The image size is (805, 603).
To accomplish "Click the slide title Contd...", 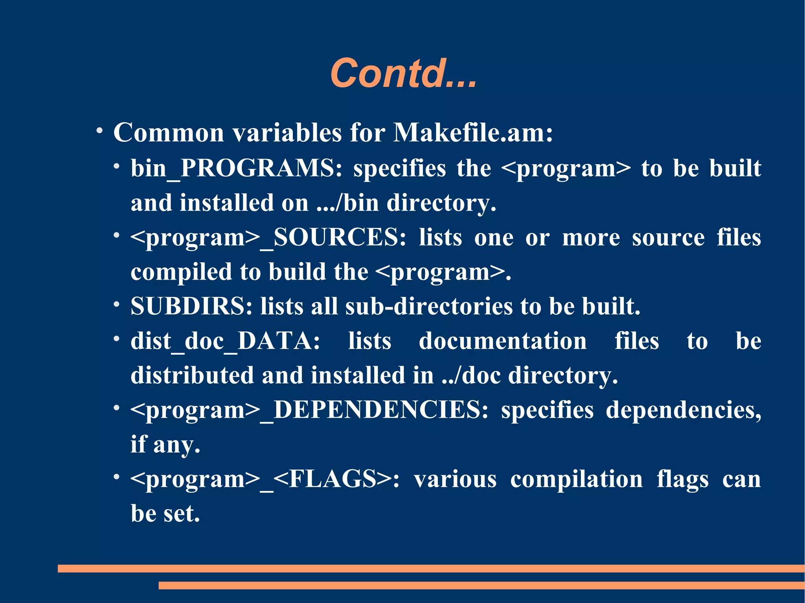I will coord(403,73).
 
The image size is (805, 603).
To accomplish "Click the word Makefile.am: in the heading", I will coord(473,132).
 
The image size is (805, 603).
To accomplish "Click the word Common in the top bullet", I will coord(169,132).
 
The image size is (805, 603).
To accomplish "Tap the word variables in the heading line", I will coord(287,132).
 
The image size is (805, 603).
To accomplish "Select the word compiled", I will coord(182,272).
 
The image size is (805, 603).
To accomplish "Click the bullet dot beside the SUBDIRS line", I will coord(116,304).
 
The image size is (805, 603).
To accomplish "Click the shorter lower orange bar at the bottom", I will coord(482,585).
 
